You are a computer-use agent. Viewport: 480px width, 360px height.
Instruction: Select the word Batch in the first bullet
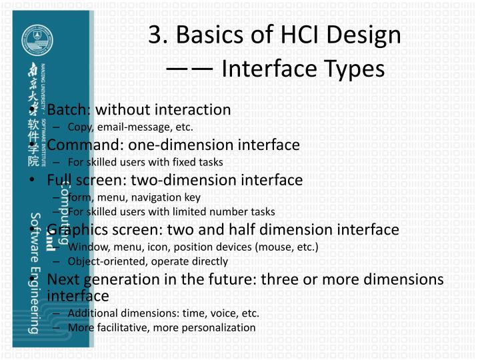[x=69, y=109]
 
